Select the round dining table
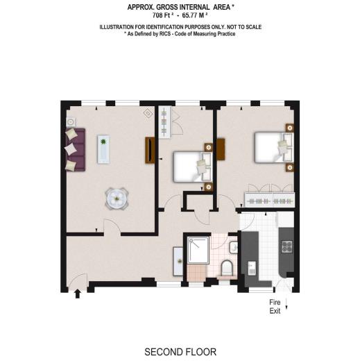(x=116, y=199)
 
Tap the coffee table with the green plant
(x=103, y=147)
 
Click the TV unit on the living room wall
(x=148, y=151)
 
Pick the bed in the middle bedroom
(x=189, y=167)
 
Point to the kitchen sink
(x=251, y=265)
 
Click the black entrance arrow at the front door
(x=77, y=294)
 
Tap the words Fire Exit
(x=276, y=307)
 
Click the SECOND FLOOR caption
(x=180, y=352)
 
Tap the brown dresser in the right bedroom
(x=221, y=149)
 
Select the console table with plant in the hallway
(x=178, y=260)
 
